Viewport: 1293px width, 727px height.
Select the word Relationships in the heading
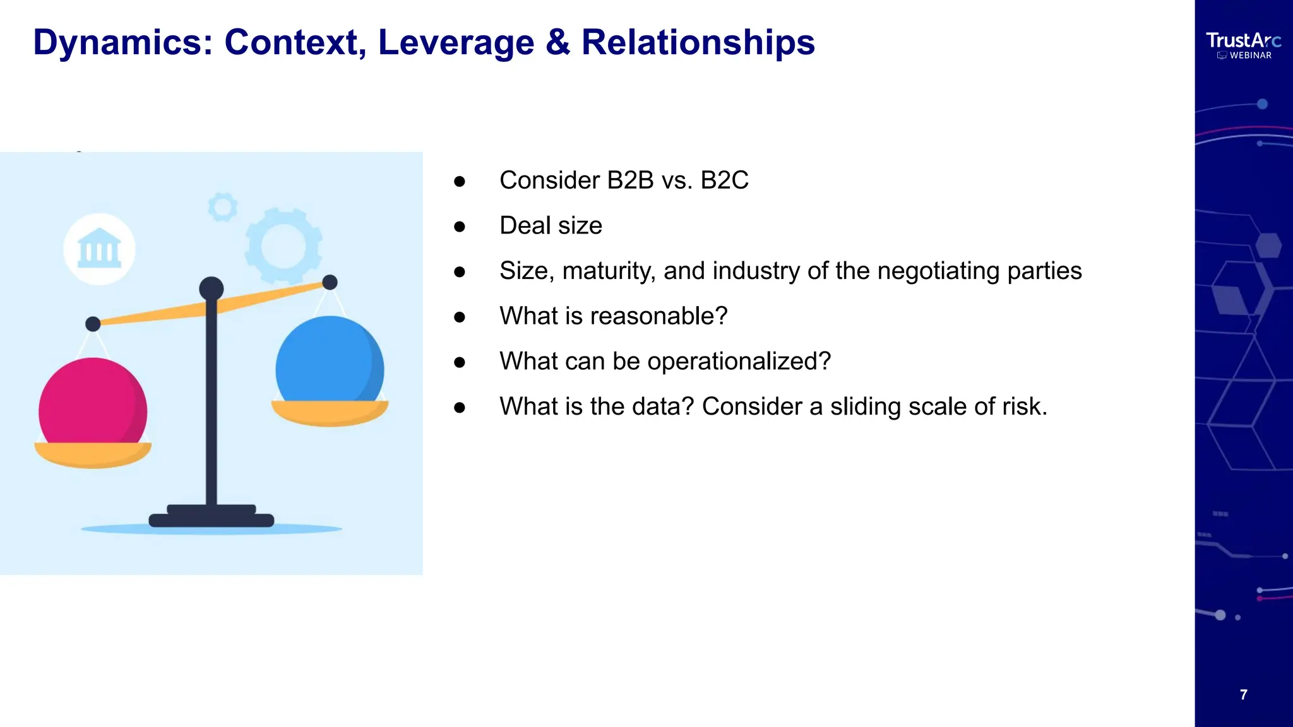698,43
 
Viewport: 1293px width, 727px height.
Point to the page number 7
1243,695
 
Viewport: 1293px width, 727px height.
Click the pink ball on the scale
92,402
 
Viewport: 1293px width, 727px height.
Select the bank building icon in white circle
99,249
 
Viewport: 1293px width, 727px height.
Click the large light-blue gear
283,245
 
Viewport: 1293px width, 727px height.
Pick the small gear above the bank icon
222,206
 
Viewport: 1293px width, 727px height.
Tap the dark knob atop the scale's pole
211,288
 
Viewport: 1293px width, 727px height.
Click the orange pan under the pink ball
92,454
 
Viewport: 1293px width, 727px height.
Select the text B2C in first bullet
724,180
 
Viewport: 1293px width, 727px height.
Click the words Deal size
551,226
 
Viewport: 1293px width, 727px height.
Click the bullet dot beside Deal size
460,227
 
